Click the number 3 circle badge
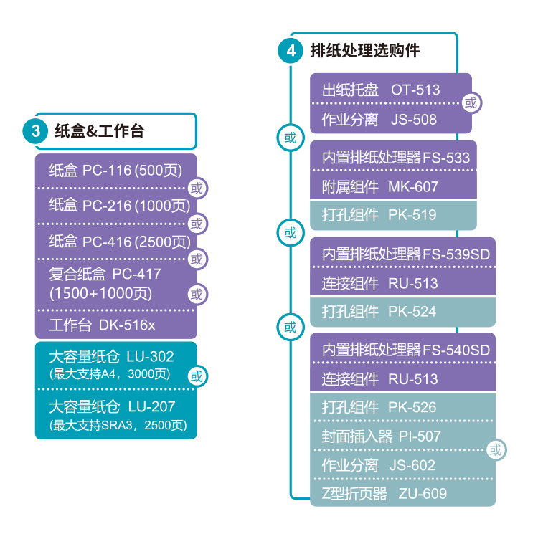34,130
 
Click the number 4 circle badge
290,51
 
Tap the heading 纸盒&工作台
99,130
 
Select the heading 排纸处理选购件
365,51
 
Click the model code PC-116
107,171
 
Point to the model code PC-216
107,206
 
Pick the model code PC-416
107,242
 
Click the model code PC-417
137,274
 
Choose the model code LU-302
150,357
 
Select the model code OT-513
415,90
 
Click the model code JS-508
414,120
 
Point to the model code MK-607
413,187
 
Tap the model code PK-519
412,215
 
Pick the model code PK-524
412,312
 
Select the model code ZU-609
423,494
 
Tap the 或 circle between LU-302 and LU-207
197,376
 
